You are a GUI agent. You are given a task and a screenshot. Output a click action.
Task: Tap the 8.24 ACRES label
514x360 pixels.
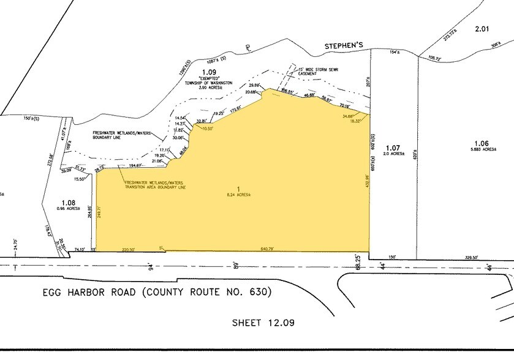[x=239, y=195]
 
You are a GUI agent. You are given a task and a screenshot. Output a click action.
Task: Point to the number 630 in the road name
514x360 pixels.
[x=257, y=292]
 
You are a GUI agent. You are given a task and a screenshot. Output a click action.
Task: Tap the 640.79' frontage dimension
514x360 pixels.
[x=270, y=249]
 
